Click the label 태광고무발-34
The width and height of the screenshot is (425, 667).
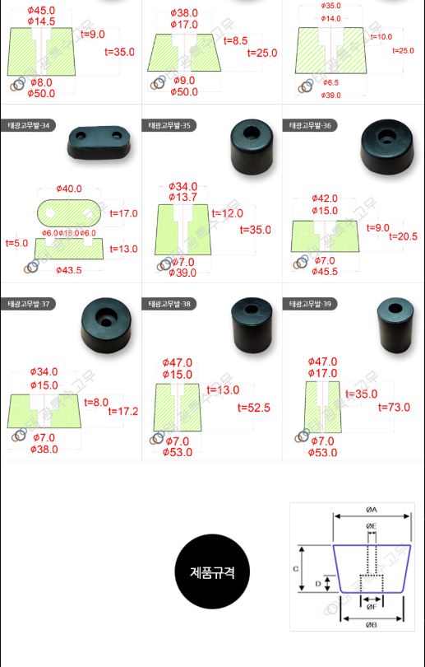[x=27, y=126]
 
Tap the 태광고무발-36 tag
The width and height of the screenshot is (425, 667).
[x=310, y=126]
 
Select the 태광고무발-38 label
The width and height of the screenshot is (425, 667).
[x=169, y=304]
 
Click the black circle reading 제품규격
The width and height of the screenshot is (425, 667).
[x=212, y=571]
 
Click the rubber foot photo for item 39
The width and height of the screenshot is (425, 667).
[x=392, y=322]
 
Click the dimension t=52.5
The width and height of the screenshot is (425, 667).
[x=254, y=408]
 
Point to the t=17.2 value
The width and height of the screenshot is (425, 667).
[x=123, y=410]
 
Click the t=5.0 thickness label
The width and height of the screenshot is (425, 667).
[x=16, y=244]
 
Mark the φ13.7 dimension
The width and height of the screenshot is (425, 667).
[x=182, y=198]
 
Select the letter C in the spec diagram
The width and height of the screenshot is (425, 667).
[x=295, y=568]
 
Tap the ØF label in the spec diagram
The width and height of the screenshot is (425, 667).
[x=372, y=607]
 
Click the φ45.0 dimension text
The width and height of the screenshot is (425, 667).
[x=41, y=10]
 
